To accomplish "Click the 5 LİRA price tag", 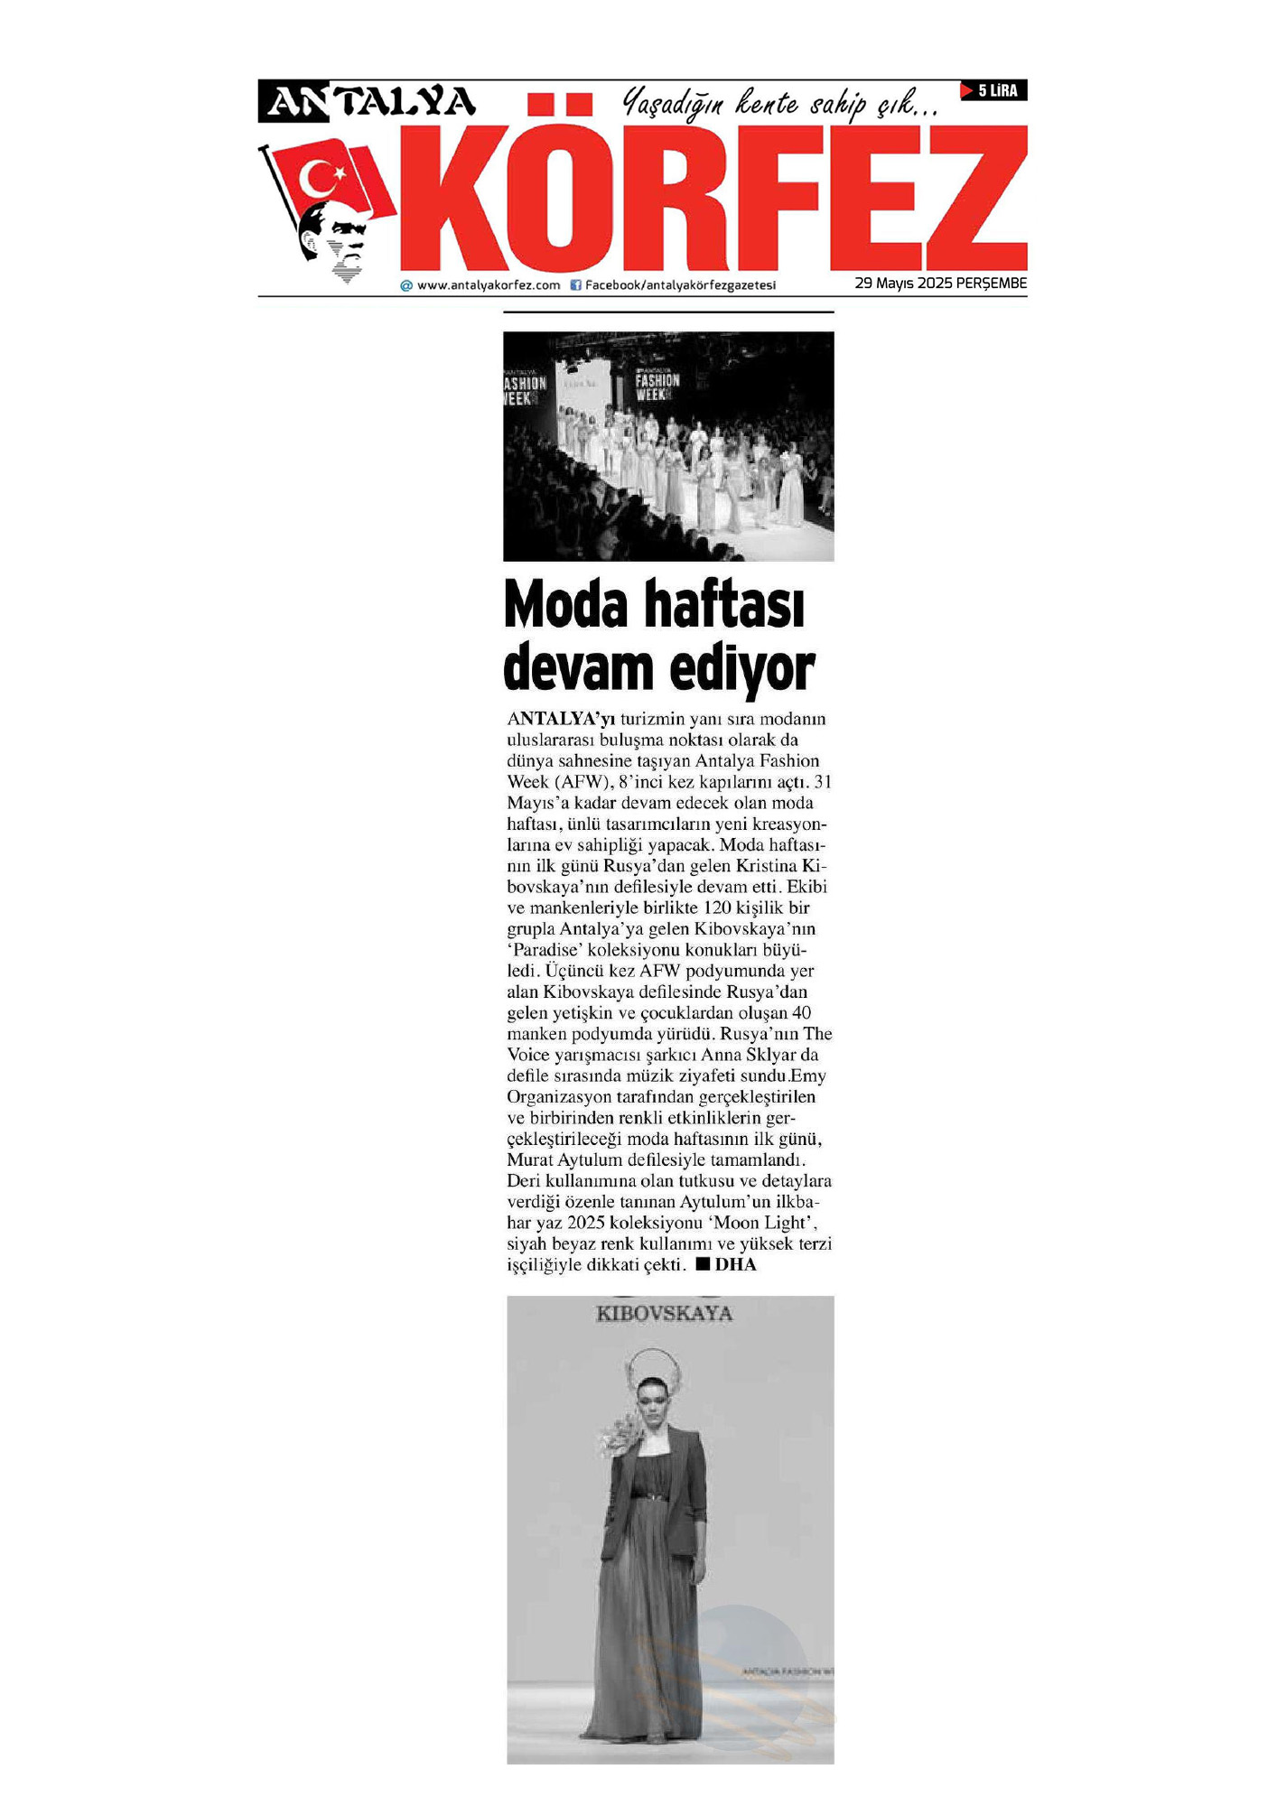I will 994,90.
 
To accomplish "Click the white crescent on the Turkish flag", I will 316,178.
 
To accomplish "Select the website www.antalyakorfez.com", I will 488,285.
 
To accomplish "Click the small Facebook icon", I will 575,285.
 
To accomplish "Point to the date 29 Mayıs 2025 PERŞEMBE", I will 940,284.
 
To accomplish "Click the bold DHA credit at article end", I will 735,1265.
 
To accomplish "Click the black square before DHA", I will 703,1264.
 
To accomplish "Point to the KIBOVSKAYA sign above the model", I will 664,1314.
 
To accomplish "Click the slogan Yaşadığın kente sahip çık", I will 781,104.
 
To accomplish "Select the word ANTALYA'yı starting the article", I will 561,719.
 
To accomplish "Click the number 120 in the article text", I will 716,908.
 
